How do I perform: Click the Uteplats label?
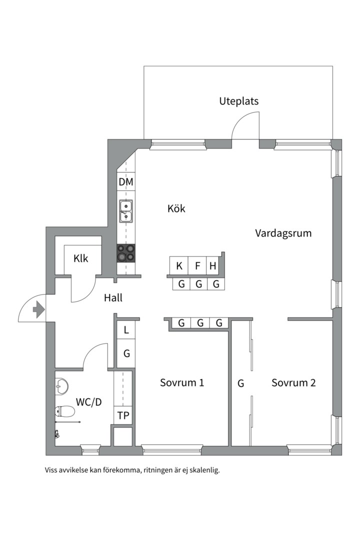(x=238, y=101)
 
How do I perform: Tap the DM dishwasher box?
(x=126, y=182)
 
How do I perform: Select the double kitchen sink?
(x=125, y=210)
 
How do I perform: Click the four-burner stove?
(x=126, y=253)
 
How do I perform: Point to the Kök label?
(x=176, y=208)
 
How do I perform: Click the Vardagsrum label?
(x=283, y=233)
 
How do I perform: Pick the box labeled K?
(x=179, y=266)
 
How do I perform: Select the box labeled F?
(x=197, y=266)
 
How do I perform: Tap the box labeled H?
(x=213, y=266)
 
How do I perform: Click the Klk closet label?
(x=80, y=258)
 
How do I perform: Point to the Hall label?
(x=113, y=298)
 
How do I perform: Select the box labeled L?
(x=126, y=330)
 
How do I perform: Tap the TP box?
(x=123, y=415)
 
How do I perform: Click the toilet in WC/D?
(x=65, y=411)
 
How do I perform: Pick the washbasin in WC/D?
(x=61, y=385)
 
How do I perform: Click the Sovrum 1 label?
(x=182, y=383)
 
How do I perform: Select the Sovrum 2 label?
(x=293, y=383)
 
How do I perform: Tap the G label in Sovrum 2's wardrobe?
(x=240, y=383)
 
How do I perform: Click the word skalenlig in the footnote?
(x=202, y=470)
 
